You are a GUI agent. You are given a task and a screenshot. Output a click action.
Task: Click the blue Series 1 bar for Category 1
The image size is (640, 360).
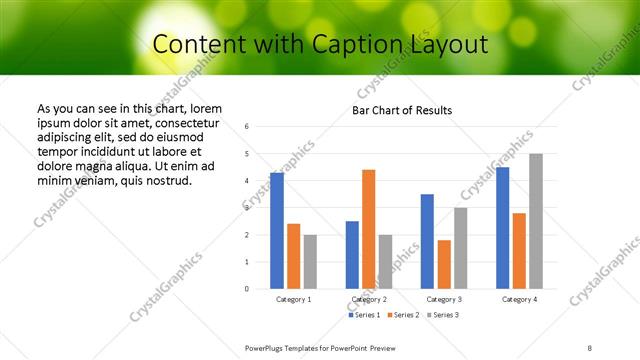coord(277,231)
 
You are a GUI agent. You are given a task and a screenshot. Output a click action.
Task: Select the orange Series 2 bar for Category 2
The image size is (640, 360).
coord(369,229)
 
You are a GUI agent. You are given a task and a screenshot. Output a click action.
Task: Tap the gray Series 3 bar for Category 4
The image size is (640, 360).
coord(536,221)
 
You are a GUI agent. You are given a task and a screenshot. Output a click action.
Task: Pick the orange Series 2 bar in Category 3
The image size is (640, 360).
coord(444,264)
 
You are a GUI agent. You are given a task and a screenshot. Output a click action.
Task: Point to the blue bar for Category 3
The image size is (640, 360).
coord(427,241)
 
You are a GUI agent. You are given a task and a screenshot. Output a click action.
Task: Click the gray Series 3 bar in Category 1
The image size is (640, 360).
coord(310,262)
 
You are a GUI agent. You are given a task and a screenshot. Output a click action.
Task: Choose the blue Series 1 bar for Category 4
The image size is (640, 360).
coord(502,228)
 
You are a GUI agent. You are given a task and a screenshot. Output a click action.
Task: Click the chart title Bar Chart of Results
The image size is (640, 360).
coord(402,110)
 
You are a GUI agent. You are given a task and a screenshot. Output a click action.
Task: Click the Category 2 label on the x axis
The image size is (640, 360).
coord(369,299)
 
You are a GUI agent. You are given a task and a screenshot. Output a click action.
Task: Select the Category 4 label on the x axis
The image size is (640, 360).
coord(519,299)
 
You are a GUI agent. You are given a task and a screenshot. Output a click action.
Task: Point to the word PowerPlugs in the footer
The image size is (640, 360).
coord(267,347)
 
